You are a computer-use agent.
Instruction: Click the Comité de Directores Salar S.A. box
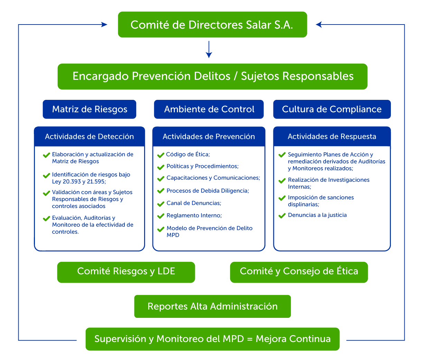pyautogui.click(x=212, y=25)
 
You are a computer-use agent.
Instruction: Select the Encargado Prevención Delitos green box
pyautogui.click(x=212, y=76)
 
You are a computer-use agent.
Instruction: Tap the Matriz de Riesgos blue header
pyautogui.click(x=90, y=110)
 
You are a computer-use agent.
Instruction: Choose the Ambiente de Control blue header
pyautogui.click(x=209, y=110)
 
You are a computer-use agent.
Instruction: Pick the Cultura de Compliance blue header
pyautogui.click(x=332, y=110)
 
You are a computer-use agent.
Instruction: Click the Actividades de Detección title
pyautogui.click(x=89, y=137)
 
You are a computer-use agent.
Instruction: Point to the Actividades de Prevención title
pyautogui.click(x=209, y=137)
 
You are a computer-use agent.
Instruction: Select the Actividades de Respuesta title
pyautogui.click(x=332, y=137)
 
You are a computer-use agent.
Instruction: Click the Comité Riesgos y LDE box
pyautogui.click(x=126, y=272)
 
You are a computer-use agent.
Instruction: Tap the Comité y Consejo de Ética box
pyautogui.click(x=299, y=272)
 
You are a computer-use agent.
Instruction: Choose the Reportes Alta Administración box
pyautogui.click(x=212, y=306)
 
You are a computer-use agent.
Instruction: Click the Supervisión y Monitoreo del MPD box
pyautogui.click(x=212, y=339)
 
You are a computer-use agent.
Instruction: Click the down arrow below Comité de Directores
pyautogui.click(x=208, y=50)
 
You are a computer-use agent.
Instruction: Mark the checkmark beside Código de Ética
pyautogui.click(x=161, y=155)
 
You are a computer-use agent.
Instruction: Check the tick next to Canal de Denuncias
pyautogui.click(x=161, y=204)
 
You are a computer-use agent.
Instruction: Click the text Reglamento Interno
pyautogui.click(x=194, y=216)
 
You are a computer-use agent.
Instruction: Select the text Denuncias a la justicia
pyautogui.click(x=317, y=215)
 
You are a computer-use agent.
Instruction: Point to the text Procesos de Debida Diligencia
pyautogui.click(x=207, y=191)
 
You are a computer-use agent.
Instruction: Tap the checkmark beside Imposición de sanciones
pyautogui.click(x=282, y=198)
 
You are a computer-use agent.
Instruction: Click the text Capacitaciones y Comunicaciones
pyautogui.click(x=213, y=178)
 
